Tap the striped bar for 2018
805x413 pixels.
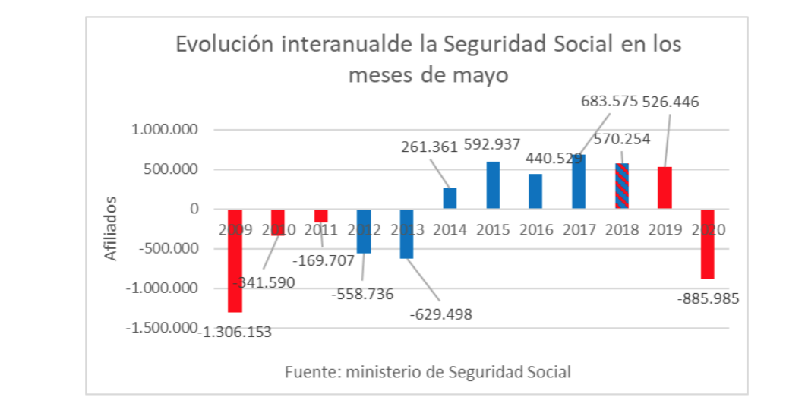coord(622,186)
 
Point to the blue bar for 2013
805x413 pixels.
coord(407,234)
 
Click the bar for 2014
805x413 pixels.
coord(450,198)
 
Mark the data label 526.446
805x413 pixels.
coord(671,101)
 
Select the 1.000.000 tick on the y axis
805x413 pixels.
coord(165,130)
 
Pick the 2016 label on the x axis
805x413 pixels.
coord(535,229)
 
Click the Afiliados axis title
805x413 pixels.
coord(112,228)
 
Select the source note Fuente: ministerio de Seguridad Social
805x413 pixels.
coord(428,372)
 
